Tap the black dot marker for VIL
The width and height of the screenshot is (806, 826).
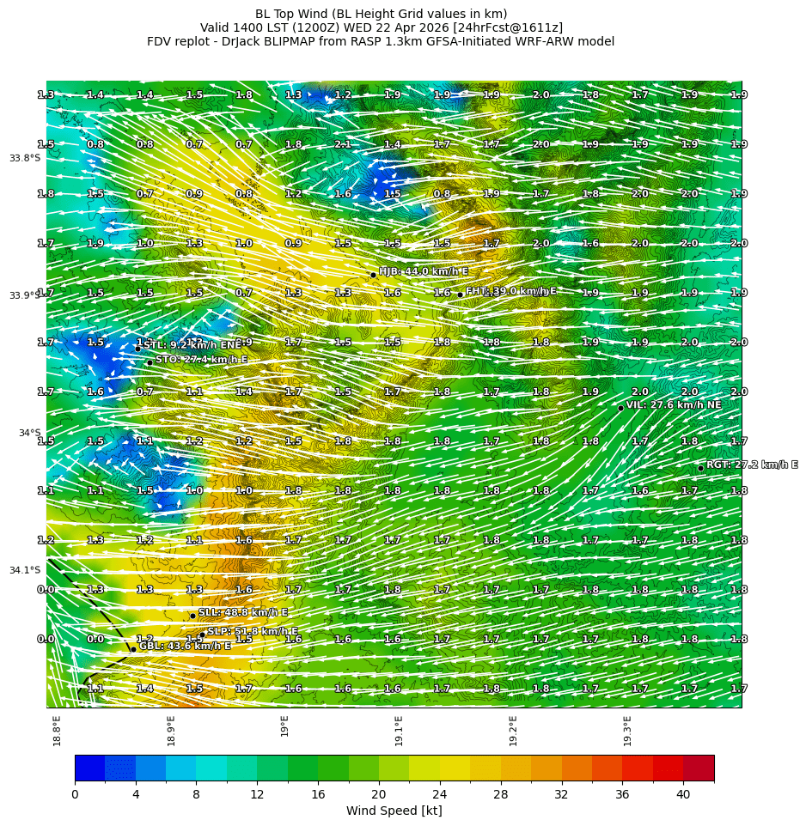(x=620, y=408)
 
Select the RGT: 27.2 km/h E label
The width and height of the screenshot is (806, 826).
(x=752, y=465)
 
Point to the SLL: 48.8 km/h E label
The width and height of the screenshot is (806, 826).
(x=243, y=612)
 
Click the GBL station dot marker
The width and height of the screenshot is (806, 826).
(x=133, y=649)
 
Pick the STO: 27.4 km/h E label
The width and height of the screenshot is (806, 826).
(x=201, y=359)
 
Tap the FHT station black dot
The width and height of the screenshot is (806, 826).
(x=460, y=295)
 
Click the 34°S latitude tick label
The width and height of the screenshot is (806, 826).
(x=29, y=433)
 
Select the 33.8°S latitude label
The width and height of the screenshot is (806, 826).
(x=25, y=158)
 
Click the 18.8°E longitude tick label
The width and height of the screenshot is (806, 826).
(x=57, y=731)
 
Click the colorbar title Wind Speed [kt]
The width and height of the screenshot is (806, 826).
(x=394, y=811)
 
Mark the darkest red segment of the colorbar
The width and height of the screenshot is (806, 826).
(x=699, y=768)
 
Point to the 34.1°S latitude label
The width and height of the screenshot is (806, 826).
(x=25, y=570)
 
